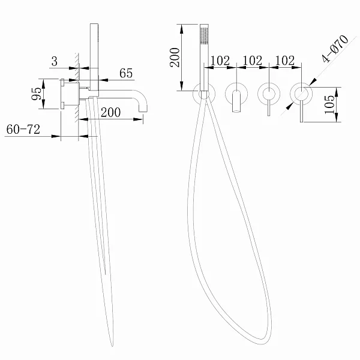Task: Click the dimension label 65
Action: point(126,73)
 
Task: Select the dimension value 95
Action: point(37,94)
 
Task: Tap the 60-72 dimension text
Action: point(23,129)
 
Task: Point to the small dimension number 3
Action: point(55,61)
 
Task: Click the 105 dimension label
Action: point(329,104)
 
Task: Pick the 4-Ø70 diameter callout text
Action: point(335,49)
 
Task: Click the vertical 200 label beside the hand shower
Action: point(175,58)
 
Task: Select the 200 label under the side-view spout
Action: point(110,112)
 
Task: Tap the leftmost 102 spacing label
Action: point(220,61)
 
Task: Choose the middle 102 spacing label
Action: point(253,61)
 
